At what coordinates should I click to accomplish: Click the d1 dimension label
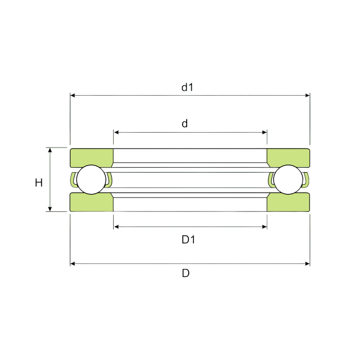pos(187,87)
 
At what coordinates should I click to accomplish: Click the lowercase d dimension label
pos(185,123)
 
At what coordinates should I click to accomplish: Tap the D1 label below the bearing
pos(188,240)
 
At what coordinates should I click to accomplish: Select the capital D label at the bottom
pos(186,273)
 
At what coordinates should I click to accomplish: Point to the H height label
pos(39,183)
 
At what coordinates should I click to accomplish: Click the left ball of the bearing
pos(92,179)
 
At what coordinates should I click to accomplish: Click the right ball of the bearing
pos(288,179)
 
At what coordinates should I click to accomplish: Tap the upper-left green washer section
pos(92,157)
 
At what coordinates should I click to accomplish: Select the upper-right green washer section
pos(289,157)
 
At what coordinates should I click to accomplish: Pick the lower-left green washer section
pos(92,202)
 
